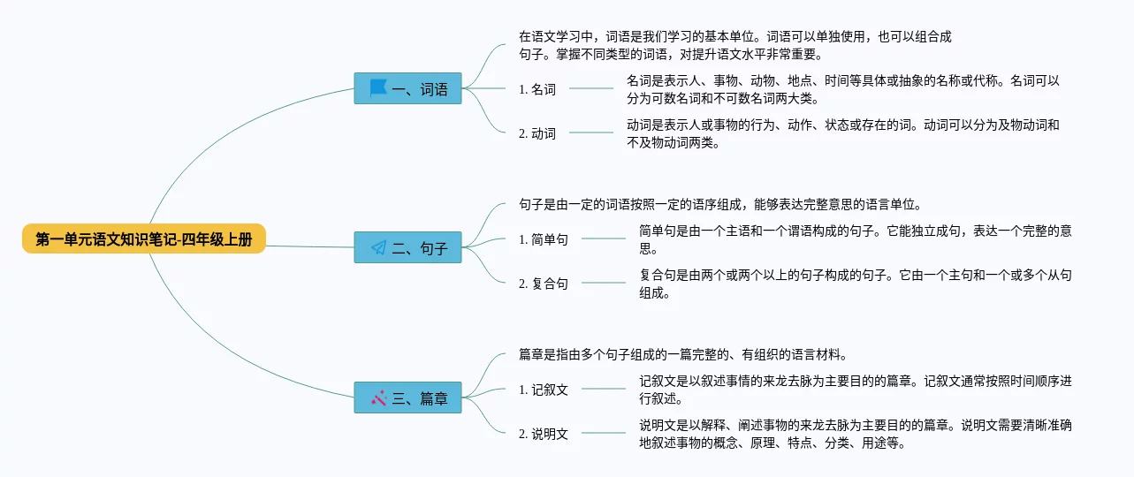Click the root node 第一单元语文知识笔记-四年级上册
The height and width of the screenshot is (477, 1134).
point(144,238)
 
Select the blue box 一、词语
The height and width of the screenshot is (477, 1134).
point(407,88)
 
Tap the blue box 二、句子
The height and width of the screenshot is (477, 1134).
point(407,248)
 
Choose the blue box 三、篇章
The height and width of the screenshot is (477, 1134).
point(407,398)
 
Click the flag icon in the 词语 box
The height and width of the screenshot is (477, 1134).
point(378,88)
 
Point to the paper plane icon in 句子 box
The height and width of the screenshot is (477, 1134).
point(378,248)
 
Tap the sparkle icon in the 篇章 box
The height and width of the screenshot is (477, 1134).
point(378,398)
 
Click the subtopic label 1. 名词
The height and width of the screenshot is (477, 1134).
point(537,88)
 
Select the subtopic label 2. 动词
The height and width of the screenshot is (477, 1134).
point(537,133)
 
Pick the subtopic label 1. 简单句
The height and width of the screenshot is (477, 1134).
point(544,239)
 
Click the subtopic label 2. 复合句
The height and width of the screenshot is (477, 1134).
point(544,284)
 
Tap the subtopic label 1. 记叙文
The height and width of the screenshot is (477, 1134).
point(544,390)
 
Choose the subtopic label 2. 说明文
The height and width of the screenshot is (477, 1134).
point(544,434)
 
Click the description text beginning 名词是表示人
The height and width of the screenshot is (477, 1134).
point(842,89)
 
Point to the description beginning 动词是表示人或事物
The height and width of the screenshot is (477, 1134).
point(842,133)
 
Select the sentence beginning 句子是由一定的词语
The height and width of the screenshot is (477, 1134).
point(720,205)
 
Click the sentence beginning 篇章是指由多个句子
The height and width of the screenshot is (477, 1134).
point(683,355)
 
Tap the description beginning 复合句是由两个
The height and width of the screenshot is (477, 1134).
point(856,284)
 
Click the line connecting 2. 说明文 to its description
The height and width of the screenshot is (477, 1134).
point(604,433)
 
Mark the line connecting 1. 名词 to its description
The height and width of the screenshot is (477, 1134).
point(591,88)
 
